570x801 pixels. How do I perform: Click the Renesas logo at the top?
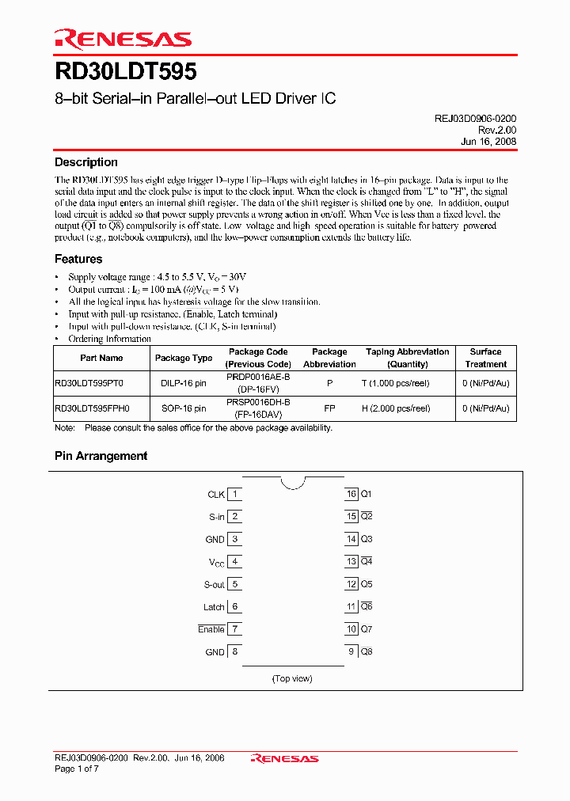click(x=123, y=39)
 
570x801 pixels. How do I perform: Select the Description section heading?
click(x=85, y=162)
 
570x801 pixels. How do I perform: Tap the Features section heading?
click(x=78, y=259)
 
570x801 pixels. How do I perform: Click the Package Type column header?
click(x=184, y=358)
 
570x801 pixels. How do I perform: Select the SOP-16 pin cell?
click(x=184, y=408)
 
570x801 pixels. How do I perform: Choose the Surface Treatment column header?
click(x=485, y=358)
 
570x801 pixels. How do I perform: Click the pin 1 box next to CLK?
click(x=234, y=495)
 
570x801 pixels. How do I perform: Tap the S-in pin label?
click(x=217, y=517)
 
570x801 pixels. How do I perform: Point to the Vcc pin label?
click(x=217, y=563)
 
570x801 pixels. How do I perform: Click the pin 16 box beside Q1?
click(x=351, y=494)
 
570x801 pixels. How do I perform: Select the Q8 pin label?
click(x=367, y=652)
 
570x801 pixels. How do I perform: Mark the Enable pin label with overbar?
click(x=211, y=630)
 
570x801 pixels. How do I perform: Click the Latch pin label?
click(x=214, y=607)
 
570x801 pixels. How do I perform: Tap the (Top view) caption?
click(x=292, y=678)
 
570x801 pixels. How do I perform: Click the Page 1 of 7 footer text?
click(x=78, y=769)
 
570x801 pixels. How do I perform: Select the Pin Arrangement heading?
click(x=101, y=456)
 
